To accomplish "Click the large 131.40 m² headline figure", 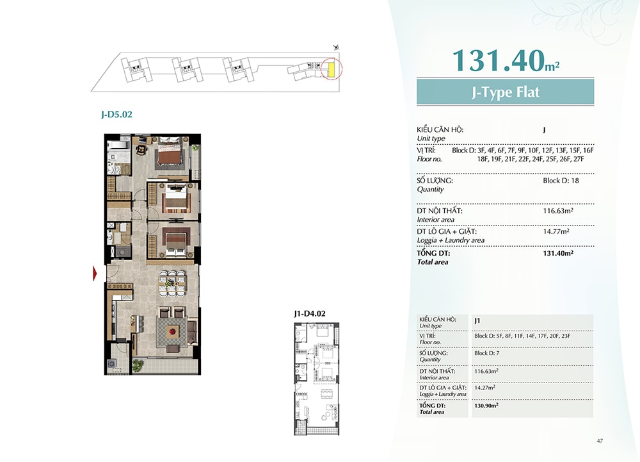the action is (506, 60).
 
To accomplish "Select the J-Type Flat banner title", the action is (506, 92).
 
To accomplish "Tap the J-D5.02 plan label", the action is (116, 114).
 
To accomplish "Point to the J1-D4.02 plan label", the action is (310, 314).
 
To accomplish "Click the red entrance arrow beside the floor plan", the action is (95, 273).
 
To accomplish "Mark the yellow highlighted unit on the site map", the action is (332, 69).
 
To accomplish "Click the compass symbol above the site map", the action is (337, 48).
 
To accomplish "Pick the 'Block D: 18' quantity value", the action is (561, 181).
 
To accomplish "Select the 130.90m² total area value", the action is (486, 406).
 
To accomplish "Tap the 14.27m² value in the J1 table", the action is (485, 387).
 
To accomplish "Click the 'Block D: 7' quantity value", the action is (486, 353).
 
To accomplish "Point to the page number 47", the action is (600, 441).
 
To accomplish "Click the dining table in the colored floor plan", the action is (172, 282).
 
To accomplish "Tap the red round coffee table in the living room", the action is (173, 331).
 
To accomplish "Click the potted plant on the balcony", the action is (138, 365).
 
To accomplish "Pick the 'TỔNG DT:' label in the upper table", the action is (433, 253).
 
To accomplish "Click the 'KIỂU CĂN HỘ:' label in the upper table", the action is (440, 129).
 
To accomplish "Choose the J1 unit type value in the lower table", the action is (477, 320).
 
